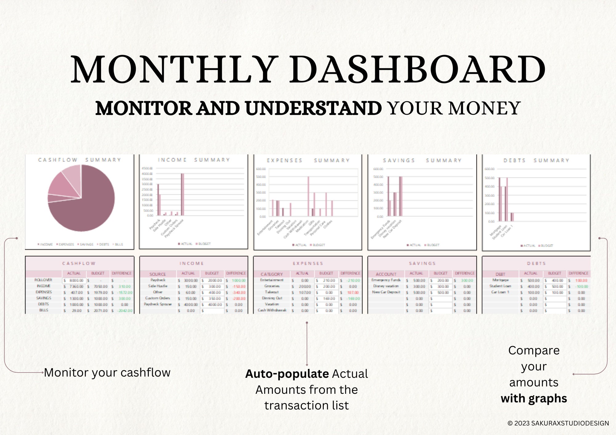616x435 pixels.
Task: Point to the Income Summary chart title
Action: coord(194,160)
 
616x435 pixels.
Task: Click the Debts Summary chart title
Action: coord(536,161)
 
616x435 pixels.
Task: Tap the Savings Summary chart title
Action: coord(422,161)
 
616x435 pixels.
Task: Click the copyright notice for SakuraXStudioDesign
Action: coord(558,423)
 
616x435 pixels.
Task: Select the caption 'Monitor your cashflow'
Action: coord(107,373)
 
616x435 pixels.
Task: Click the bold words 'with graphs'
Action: coord(534,398)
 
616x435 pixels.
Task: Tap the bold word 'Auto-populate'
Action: coord(287,374)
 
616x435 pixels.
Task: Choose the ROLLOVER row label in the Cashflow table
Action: coord(43,280)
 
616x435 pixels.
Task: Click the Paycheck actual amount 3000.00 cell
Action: coord(190,281)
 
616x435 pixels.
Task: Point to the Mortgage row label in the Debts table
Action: coord(500,280)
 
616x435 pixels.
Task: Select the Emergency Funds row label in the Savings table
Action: coord(386,280)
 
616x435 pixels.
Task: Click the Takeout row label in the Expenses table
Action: coord(272,292)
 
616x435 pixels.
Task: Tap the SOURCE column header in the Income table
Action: coord(157,274)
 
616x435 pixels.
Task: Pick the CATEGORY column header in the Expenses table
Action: coord(271,274)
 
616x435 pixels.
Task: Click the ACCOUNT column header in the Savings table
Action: coord(386,274)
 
